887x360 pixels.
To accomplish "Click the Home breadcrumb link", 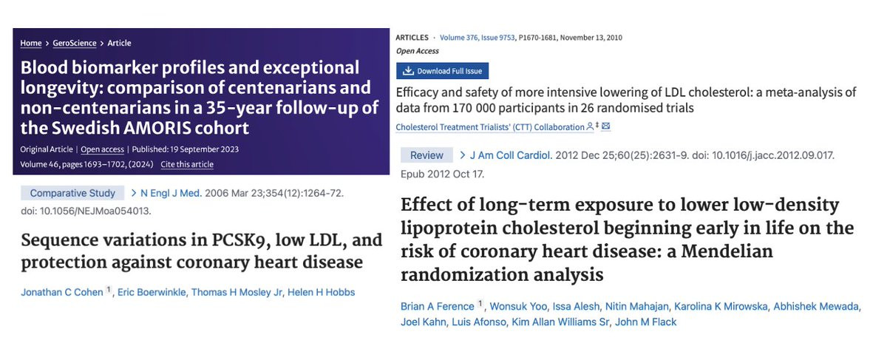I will point(30,44).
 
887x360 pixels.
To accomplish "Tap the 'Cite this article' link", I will point(187,164).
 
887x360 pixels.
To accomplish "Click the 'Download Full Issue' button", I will point(443,71).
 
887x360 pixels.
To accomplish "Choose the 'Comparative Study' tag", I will point(72,193).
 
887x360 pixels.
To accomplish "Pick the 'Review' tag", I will point(426,154).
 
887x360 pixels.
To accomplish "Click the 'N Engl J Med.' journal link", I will point(171,193).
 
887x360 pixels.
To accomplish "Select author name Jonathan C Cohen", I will point(61,292).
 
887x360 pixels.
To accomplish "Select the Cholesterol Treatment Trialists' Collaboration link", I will point(490,127).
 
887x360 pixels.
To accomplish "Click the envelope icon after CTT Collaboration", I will point(606,127).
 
